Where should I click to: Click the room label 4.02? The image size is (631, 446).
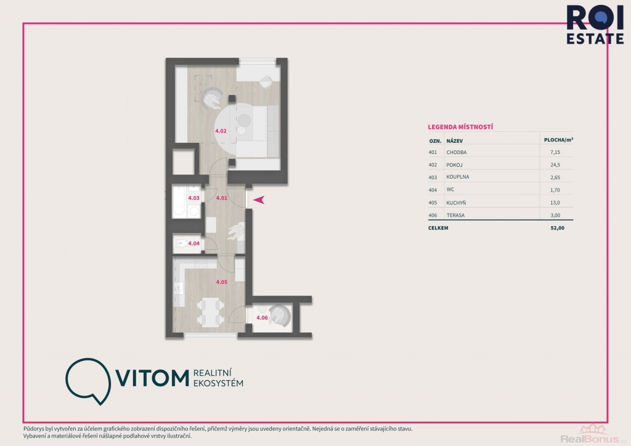click(x=221, y=131)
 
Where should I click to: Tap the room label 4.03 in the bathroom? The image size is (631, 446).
click(x=194, y=198)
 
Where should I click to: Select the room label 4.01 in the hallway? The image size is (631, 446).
click(x=222, y=198)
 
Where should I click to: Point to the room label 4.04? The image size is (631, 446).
click(x=194, y=243)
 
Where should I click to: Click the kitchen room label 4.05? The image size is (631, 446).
click(x=222, y=282)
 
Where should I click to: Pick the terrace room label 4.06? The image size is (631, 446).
click(x=262, y=318)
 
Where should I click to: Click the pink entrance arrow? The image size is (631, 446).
click(x=259, y=200)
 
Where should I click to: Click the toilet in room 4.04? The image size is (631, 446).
click(x=181, y=243)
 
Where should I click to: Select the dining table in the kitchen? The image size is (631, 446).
click(x=211, y=312)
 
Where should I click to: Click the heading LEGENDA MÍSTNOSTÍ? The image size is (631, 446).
click(x=460, y=127)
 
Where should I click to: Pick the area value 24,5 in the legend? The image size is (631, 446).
click(x=555, y=165)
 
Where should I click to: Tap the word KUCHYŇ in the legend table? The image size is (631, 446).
click(x=456, y=203)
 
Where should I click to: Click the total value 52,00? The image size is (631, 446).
click(x=557, y=228)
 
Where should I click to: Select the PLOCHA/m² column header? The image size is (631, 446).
click(x=558, y=140)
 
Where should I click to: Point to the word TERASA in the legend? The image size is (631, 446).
click(x=455, y=215)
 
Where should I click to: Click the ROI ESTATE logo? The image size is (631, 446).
click(x=595, y=24)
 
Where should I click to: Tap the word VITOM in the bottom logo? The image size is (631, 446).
click(x=153, y=378)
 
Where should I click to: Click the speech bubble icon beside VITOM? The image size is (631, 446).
click(x=88, y=381)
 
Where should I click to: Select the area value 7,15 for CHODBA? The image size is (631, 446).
click(x=555, y=152)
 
